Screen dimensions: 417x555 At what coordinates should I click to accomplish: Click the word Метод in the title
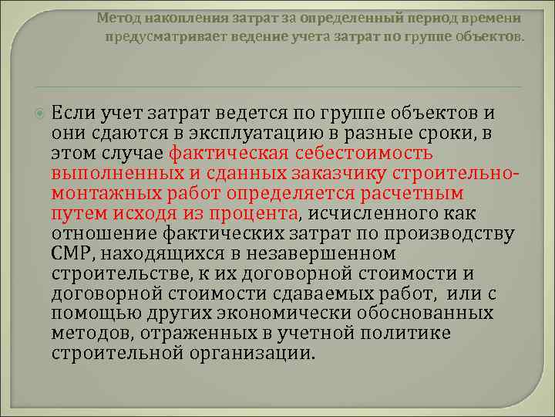(116, 17)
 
